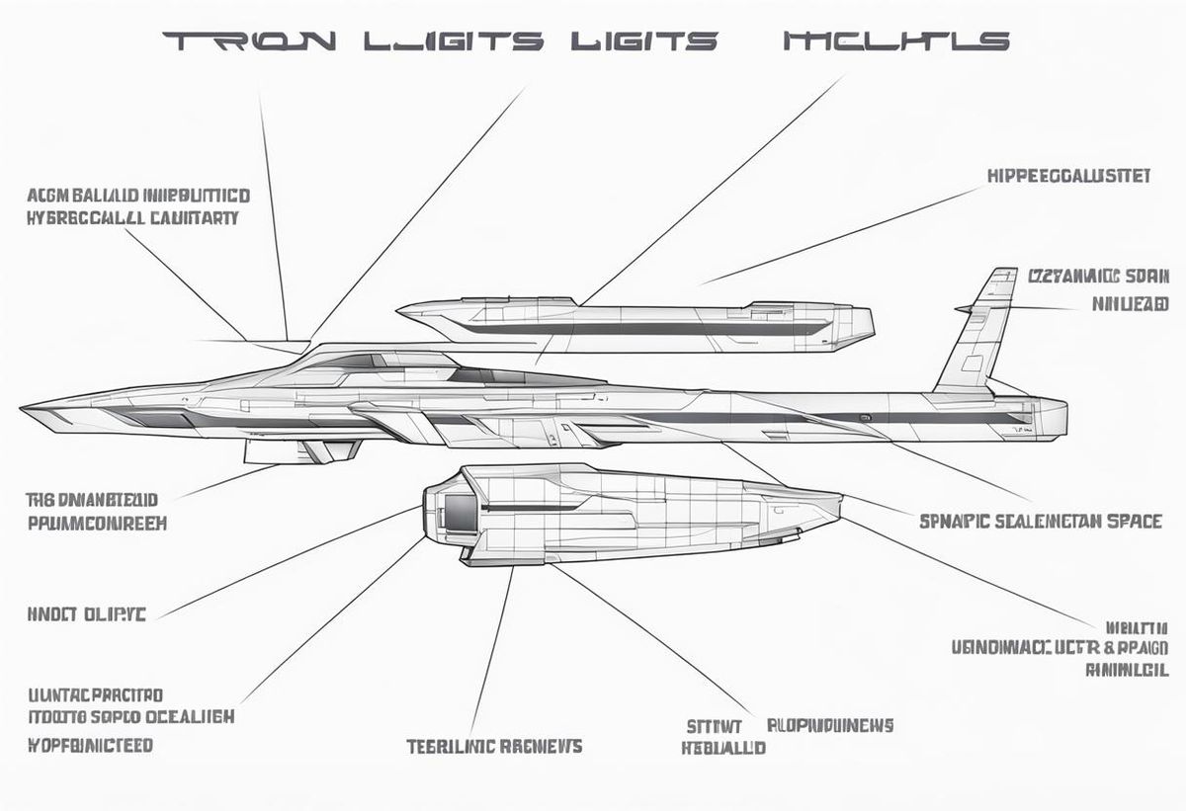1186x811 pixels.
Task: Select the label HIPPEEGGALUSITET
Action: [x=1068, y=176]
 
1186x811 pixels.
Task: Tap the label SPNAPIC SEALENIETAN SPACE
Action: [x=1041, y=521]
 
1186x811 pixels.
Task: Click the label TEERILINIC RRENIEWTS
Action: [x=494, y=745]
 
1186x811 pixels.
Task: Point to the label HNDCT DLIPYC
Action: [x=86, y=614]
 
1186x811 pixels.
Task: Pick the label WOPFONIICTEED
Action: [x=90, y=744]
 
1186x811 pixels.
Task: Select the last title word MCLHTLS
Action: [x=895, y=41]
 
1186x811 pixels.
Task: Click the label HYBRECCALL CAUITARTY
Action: [x=132, y=218]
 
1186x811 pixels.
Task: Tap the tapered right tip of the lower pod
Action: [x=836, y=510]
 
